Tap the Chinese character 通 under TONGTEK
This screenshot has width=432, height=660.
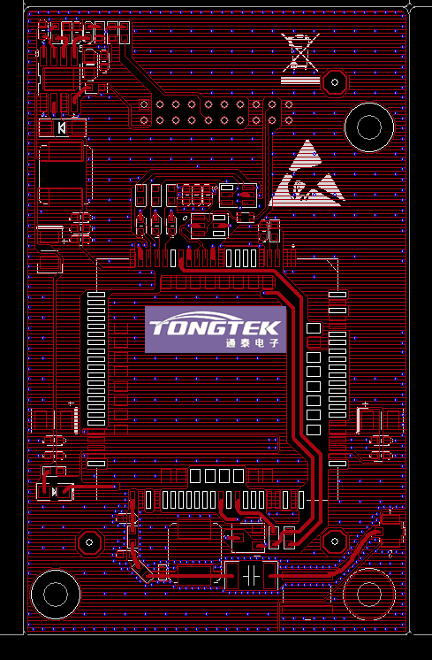[x=231, y=342]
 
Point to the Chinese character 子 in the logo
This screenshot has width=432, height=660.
[x=274, y=342]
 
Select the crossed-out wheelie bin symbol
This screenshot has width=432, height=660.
[x=301, y=52]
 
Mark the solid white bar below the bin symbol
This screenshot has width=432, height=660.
[x=299, y=80]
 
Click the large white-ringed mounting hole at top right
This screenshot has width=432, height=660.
[x=369, y=127]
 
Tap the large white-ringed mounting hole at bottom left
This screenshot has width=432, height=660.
[x=56, y=594]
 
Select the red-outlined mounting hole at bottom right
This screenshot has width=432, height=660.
[x=369, y=594]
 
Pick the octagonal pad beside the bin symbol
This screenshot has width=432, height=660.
[x=335, y=82]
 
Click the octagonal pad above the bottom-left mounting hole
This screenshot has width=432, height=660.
[x=89, y=542]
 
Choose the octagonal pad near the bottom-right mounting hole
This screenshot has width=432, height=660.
[x=335, y=541]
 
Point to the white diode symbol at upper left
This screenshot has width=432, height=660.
[x=62, y=127]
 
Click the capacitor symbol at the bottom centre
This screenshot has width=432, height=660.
[x=251, y=575]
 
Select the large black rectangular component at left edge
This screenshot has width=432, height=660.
[x=61, y=175]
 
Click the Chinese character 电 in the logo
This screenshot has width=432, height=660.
[x=260, y=342]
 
